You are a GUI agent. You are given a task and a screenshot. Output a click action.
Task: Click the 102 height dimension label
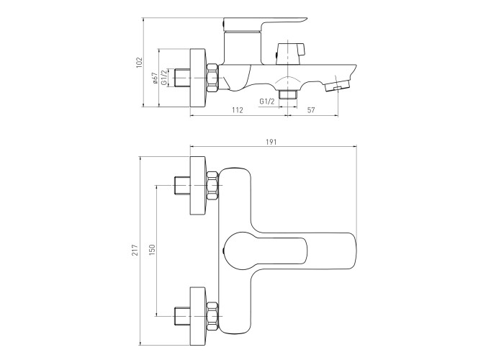(139, 63)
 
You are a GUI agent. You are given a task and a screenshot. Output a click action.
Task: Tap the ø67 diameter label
(155, 78)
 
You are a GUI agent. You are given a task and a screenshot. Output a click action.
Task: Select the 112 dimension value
(237, 110)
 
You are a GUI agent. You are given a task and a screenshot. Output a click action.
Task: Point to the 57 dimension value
(311, 110)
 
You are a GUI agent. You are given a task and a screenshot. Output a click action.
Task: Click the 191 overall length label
(271, 142)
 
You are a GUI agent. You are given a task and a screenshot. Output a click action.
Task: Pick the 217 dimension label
(135, 250)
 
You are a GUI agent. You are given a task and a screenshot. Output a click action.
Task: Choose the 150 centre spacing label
(152, 250)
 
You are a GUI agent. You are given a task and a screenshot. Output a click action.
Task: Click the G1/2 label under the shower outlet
(267, 102)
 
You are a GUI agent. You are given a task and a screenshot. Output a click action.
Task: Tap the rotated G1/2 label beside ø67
(164, 78)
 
